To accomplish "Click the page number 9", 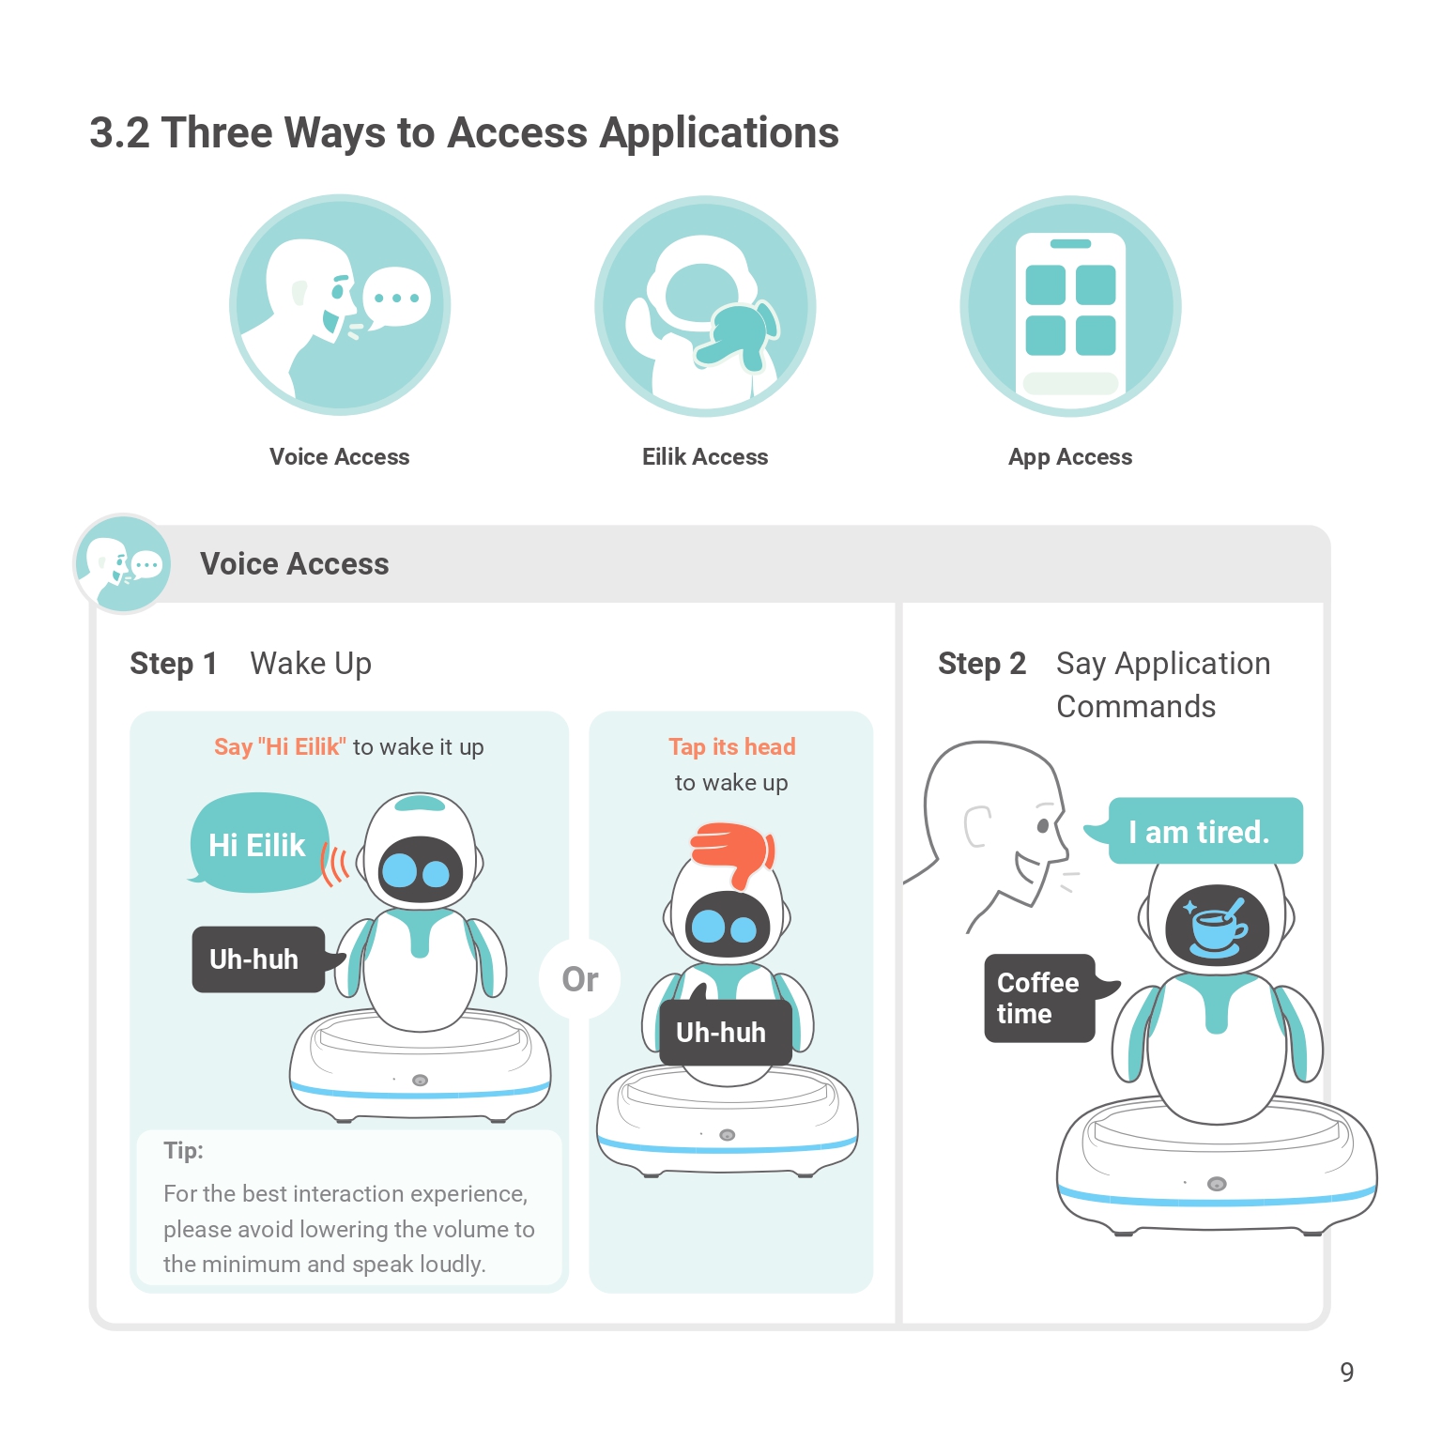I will (1346, 1373).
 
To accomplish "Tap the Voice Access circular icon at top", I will (340, 305).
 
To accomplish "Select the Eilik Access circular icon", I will (705, 306).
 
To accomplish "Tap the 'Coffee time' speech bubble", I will (1039, 998).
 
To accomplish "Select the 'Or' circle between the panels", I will (579, 979).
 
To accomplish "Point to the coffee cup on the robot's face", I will (1217, 925).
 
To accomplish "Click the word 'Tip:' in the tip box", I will (183, 1151).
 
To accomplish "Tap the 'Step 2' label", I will (981, 664).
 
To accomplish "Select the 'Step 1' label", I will (174, 664).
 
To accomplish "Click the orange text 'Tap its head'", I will (731, 747).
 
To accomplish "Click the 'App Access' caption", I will (1070, 457).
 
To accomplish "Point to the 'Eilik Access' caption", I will (705, 457).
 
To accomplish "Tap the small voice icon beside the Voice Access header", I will (122, 563).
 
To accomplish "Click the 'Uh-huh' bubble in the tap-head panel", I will (722, 1033).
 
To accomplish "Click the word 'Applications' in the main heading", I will (719, 133).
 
